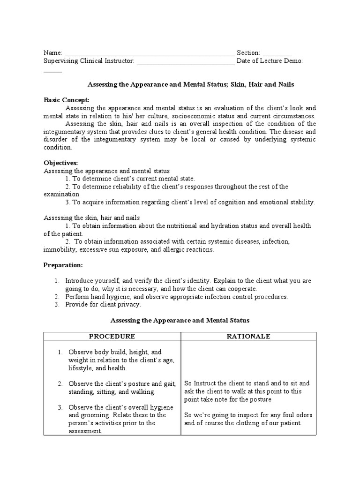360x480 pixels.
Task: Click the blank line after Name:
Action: point(149,53)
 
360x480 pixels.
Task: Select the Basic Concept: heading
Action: point(66,100)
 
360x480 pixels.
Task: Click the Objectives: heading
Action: point(60,163)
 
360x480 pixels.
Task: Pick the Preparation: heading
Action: point(63,265)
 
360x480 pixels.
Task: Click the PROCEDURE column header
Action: point(112,337)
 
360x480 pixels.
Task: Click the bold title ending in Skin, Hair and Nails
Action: point(191,84)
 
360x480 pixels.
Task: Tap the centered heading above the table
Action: point(180,320)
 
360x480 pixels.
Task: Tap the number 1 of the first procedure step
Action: point(60,352)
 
